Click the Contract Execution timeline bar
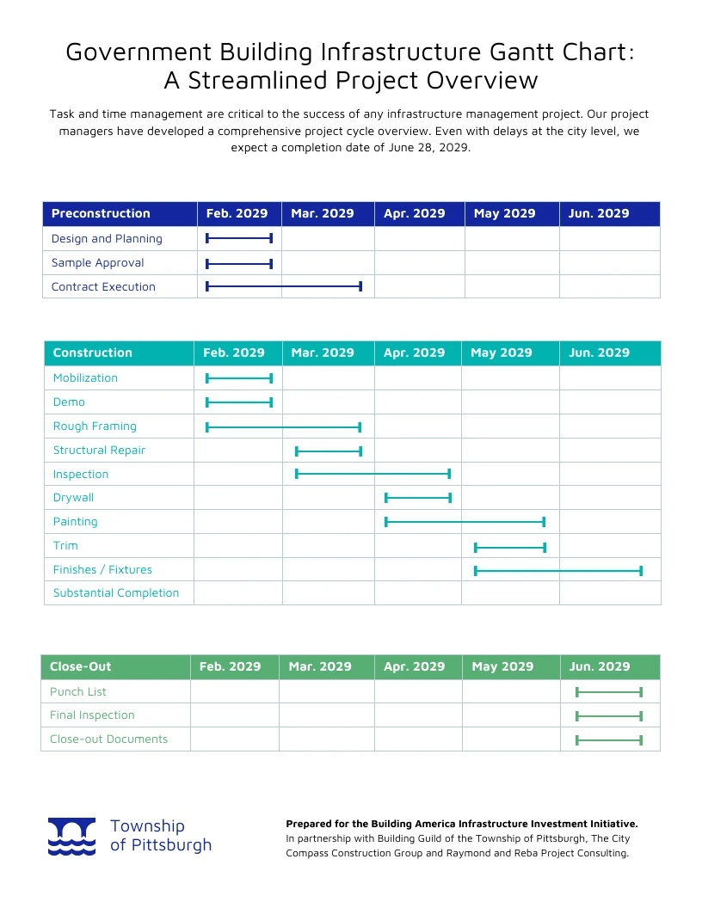(284, 286)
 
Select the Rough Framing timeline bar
(283, 426)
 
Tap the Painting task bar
(465, 521)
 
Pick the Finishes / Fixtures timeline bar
(558, 570)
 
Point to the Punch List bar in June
(609, 691)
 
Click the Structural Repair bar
(329, 451)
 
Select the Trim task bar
(510, 547)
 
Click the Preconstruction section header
(101, 213)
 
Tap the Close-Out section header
(81, 666)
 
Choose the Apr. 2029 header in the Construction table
(415, 353)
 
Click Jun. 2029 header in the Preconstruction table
(599, 213)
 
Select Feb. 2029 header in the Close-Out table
(231, 666)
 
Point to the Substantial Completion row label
(116, 592)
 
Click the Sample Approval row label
(97, 262)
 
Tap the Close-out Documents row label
(108, 739)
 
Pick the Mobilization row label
(85, 377)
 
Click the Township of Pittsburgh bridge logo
(71, 837)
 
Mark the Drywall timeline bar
(418, 498)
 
